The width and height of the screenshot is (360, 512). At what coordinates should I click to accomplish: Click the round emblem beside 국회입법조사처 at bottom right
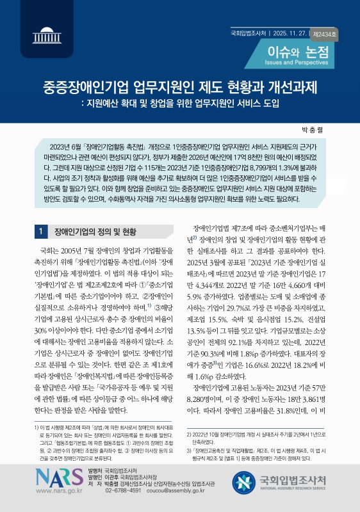(244, 481)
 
